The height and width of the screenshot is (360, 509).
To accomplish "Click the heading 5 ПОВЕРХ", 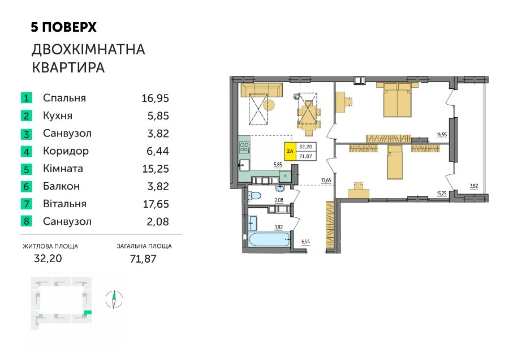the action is pos(63,27).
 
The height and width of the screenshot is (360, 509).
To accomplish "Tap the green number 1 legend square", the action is pos(26,98).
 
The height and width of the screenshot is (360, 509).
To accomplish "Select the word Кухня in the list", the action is pos(58,115).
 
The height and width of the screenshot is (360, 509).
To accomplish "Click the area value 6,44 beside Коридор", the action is pos(158,151).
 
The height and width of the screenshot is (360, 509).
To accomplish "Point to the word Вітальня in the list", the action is pos(64,204).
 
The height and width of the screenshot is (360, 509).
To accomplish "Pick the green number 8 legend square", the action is pos(26,221).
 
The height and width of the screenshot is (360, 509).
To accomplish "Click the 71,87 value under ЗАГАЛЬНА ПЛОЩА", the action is pos(143,259).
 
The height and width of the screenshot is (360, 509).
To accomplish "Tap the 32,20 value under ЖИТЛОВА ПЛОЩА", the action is pos(48,258).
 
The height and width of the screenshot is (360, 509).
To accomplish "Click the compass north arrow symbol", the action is pos(114,299).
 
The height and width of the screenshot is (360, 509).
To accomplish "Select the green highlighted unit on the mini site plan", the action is pos(87,313).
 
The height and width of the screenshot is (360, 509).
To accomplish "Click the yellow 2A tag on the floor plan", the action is pos(290,151).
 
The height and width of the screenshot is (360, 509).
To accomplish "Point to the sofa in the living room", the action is pos(262,90).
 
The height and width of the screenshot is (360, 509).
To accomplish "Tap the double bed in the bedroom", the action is pos(398,100).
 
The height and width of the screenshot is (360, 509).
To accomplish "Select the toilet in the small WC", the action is pos(255,196).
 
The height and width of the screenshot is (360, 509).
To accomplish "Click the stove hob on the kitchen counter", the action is pos(244,147).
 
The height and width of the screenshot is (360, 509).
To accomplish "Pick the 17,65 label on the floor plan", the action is pos(326,181).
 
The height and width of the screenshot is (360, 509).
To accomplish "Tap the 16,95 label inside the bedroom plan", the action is pos(442,135).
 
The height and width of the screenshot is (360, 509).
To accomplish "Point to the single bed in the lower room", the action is pos(395,162).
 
